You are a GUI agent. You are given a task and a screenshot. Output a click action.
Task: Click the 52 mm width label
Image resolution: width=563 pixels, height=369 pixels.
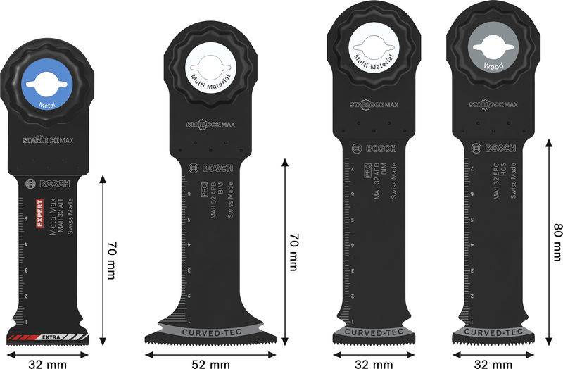tap(210, 363)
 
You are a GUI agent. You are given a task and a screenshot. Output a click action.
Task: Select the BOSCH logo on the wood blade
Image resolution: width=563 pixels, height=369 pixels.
tap(495, 148)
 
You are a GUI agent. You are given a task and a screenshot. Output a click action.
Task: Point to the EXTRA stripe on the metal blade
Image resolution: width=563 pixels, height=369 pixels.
tap(48, 339)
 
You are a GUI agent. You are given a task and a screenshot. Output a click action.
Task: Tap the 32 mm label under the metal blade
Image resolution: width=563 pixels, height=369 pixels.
tap(48, 363)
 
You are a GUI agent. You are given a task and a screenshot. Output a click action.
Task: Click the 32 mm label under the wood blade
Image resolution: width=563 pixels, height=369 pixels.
tap(493, 363)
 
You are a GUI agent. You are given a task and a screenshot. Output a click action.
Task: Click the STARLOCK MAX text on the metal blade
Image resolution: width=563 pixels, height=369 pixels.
tap(49, 139)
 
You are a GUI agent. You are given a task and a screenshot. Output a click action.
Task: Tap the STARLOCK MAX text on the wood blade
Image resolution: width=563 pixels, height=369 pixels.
tap(493, 105)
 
